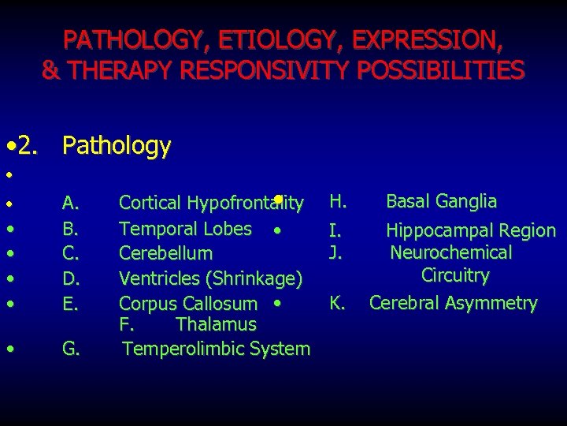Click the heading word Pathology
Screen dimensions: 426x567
[x=117, y=145]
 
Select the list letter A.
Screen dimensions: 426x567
[x=70, y=204]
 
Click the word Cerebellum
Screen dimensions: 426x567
[x=165, y=253]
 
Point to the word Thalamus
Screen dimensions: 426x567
[x=217, y=324]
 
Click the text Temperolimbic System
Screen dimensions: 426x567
[x=217, y=348]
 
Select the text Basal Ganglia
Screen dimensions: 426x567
[x=441, y=201]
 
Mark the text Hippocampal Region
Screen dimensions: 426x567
[x=470, y=230]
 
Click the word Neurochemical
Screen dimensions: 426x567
[x=451, y=252]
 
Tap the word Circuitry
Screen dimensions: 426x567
[x=455, y=275]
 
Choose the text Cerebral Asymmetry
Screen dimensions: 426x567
[x=454, y=303]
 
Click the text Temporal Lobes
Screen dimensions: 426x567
[x=186, y=229]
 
